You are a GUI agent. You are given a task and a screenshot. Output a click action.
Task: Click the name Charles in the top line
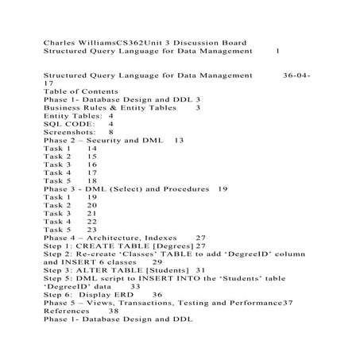[x=60, y=41]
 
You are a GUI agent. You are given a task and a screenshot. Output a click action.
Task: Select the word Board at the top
[x=231, y=41]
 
